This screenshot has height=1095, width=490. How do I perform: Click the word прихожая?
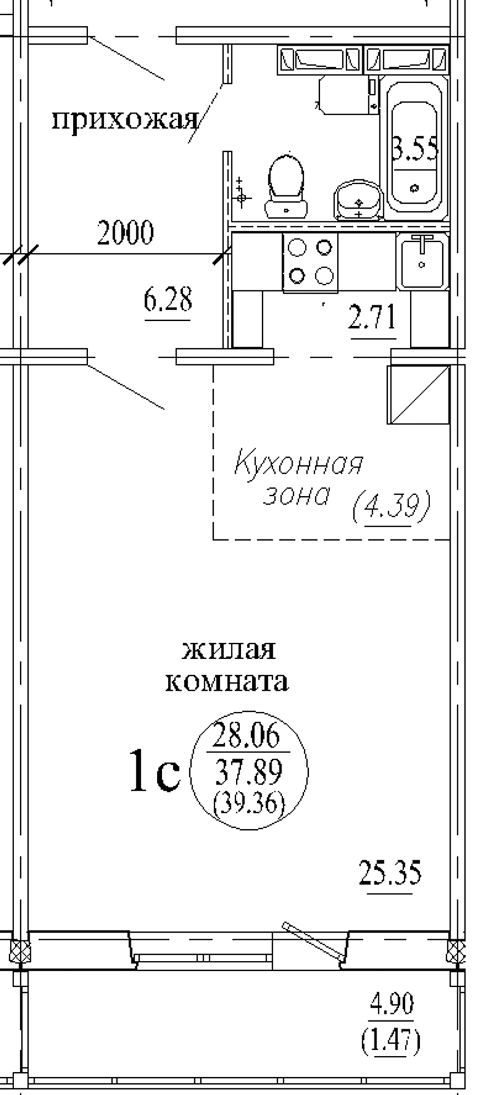[125, 120]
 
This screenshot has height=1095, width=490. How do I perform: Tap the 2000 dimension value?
[125, 233]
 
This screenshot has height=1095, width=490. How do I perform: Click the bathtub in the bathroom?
[415, 144]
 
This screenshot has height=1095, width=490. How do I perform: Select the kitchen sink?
[422, 262]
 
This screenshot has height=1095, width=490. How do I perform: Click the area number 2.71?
[372, 320]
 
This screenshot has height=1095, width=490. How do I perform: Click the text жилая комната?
[227, 665]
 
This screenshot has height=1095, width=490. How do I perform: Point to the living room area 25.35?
[390, 873]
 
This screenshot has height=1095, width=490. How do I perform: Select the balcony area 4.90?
[391, 1004]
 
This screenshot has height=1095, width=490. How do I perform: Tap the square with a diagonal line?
[418, 394]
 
